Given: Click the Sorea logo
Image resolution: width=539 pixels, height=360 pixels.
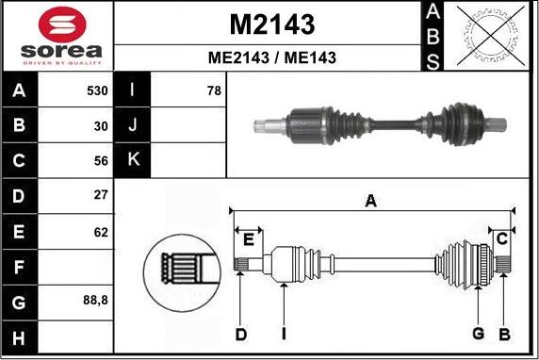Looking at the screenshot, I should pos(57,36).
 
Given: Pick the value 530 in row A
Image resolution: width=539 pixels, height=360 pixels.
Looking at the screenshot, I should pos(97,91).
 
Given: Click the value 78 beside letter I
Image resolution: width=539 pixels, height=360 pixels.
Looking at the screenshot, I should pos(213,91).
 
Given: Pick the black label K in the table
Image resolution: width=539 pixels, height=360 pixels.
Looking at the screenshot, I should pos(132,160).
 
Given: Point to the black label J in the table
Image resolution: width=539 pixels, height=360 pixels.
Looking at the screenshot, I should pos(132,125).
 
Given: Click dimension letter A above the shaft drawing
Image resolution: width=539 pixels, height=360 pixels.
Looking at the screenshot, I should pos(370,200).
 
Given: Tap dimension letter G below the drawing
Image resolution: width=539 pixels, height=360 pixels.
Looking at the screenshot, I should pos(478,334).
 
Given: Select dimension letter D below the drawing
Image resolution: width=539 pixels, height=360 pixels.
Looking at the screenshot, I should pos(240,334).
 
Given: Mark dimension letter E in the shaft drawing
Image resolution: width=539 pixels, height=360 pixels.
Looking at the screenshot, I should pos(247,239).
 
